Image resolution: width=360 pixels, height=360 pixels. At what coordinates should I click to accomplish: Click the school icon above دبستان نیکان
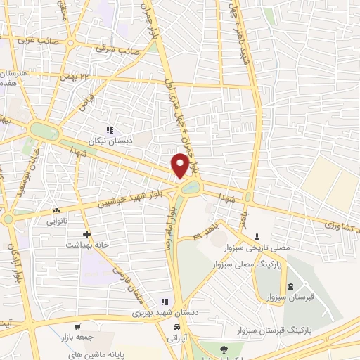click(x=110, y=130)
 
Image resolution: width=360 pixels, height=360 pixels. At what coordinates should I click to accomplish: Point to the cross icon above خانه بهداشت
click(x=86, y=233)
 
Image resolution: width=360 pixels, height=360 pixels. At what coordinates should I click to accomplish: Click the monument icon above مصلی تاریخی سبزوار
click(x=257, y=237)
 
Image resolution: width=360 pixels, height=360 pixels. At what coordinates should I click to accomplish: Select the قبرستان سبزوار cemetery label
click(x=291, y=296)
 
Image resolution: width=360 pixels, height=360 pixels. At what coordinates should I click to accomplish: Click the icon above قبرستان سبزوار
click(x=291, y=285)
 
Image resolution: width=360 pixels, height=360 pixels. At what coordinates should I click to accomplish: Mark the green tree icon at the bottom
click(x=223, y=349)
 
